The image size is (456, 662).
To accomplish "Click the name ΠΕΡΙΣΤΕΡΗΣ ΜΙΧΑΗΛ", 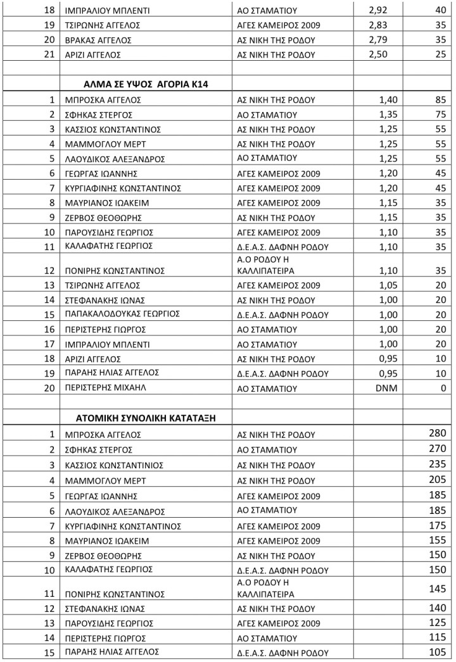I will (104, 387).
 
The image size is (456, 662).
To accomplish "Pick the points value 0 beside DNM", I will (443, 388).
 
